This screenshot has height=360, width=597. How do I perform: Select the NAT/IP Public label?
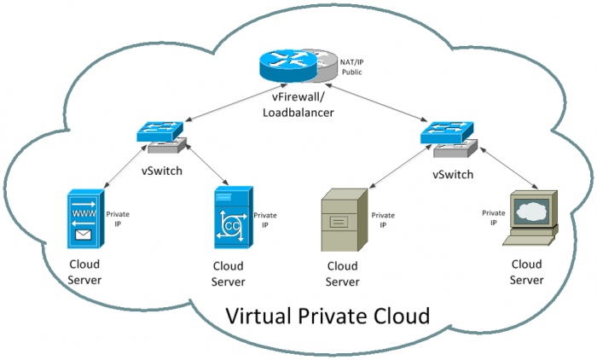point(352,67)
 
